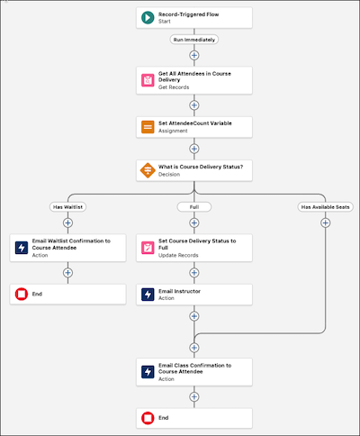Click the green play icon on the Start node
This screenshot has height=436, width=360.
148,18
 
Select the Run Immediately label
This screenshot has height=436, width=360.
194,40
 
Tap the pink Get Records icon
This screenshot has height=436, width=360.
148,80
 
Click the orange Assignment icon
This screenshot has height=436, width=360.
148,127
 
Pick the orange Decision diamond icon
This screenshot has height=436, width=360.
148,170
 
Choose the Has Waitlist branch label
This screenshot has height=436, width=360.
67,207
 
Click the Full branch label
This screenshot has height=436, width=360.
194,207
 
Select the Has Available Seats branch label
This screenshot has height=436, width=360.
326,207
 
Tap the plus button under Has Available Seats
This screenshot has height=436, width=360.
326,223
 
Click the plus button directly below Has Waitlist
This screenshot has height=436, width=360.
67,223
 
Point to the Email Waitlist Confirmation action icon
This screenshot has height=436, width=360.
22,248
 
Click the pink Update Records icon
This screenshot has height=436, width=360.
148,248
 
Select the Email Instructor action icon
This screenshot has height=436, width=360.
148,295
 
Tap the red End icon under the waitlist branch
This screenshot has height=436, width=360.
22,294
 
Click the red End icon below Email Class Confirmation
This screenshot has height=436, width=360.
148,418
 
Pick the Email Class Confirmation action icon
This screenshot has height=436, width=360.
148,372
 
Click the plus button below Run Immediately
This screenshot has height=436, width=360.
194,55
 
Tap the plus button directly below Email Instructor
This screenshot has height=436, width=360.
194,316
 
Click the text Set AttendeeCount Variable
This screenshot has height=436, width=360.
195,123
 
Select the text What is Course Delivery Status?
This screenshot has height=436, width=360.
201,167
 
